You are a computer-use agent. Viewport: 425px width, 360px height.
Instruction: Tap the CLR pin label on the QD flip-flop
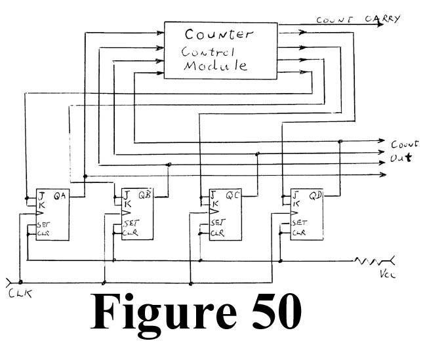coord(298,233)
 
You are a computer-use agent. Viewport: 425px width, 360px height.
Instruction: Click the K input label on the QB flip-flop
coord(127,203)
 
